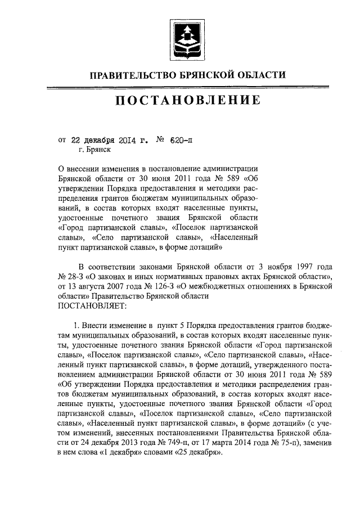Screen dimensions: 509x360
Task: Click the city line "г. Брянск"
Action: [x=94, y=150]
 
